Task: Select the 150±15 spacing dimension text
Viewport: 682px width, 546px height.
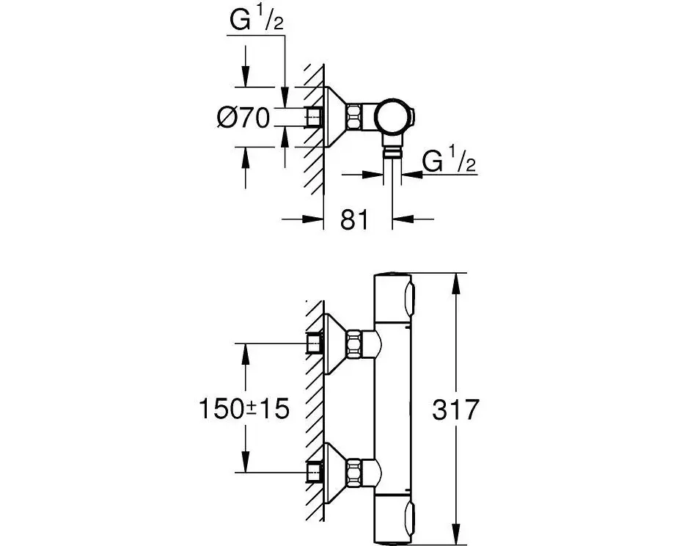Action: [244, 409]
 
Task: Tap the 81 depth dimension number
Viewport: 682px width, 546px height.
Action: [354, 219]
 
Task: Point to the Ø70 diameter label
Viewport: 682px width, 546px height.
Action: [245, 117]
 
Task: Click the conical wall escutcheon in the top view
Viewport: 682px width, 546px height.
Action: [334, 116]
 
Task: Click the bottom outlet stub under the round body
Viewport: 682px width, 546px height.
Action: [394, 150]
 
